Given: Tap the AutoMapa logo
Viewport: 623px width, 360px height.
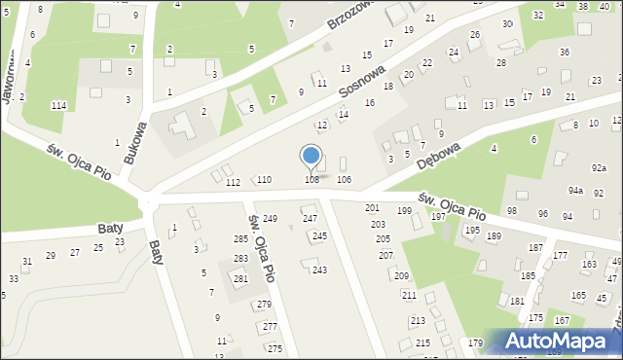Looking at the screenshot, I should point(553,341).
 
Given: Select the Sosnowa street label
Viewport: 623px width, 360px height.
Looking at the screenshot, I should point(362,90).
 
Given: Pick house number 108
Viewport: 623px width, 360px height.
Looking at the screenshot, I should point(311,180).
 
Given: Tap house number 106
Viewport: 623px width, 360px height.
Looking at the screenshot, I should point(344,180).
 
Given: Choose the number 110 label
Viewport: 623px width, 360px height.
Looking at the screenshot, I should point(264,180).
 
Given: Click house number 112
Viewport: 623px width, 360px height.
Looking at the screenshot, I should point(232,183).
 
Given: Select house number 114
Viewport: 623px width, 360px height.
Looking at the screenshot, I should point(58,105).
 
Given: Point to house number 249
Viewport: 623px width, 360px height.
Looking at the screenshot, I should point(270,218).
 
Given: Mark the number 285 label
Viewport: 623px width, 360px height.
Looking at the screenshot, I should point(240,239).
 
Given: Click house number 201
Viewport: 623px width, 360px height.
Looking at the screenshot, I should point(372,208).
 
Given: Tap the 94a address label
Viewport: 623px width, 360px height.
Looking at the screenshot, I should point(576,191).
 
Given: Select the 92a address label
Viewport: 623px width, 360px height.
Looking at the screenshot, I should point(599,168).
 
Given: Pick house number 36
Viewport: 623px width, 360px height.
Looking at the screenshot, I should point(564,52).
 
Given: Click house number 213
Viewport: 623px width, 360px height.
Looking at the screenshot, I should point(418,320).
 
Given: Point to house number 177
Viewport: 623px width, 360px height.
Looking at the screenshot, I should point(560,255).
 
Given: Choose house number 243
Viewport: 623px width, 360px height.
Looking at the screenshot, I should point(319,270).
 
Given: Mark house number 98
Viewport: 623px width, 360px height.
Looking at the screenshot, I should point(512,211).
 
